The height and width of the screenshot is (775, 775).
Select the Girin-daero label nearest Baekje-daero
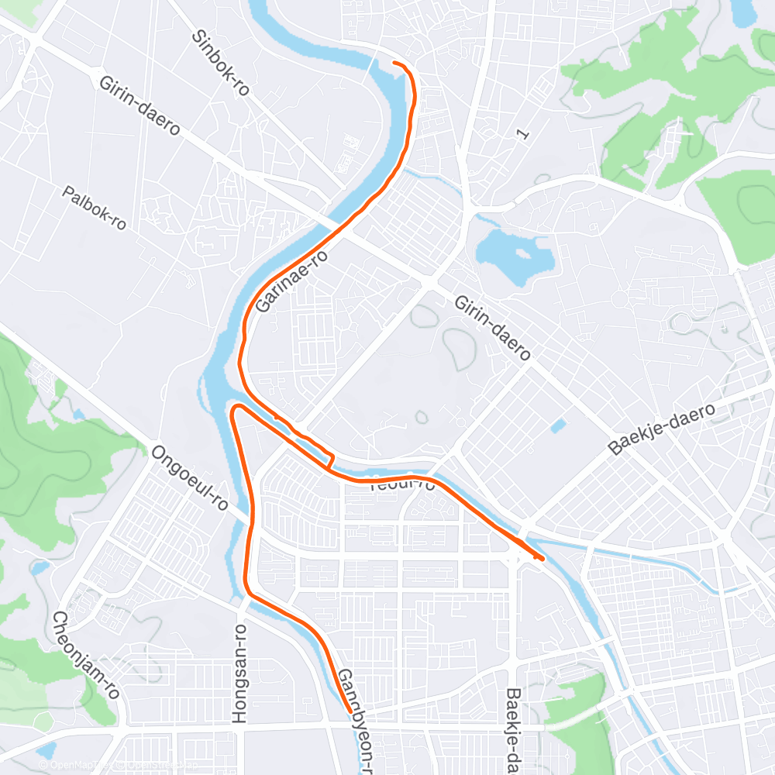pyautogui.click(x=493, y=328)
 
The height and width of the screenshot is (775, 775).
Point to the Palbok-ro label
pyautogui.click(x=95, y=208)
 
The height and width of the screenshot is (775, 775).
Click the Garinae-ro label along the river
pyautogui.click(x=291, y=281)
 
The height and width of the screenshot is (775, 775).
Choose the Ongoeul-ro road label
pyautogui.click(x=190, y=477)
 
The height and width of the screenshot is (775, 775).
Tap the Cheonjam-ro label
pyautogui.click(x=85, y=654)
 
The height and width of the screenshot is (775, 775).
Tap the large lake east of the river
pyautogui.click(x=513, y=253)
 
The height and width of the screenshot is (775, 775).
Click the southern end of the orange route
pyautogui.click(x=350, y=711)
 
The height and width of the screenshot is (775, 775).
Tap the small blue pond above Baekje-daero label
pyautogui.click(x=557, y=425)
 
